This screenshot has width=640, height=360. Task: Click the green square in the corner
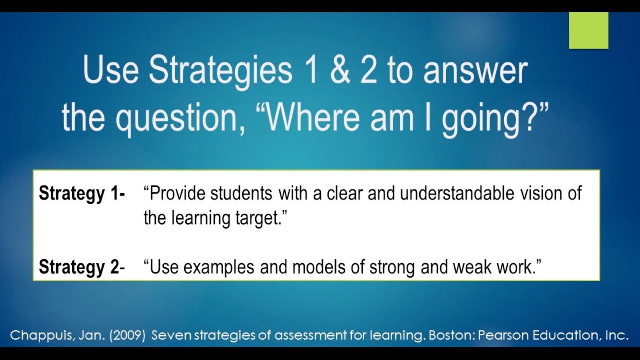point(588,31)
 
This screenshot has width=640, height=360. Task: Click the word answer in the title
point(475,71)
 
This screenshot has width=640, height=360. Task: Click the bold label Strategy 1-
point(82,193)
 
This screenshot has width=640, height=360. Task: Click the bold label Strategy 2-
point(82,268)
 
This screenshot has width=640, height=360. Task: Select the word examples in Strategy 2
point(220,268)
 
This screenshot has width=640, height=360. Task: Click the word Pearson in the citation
point(500,335)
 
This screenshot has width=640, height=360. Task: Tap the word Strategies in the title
point(220,71)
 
